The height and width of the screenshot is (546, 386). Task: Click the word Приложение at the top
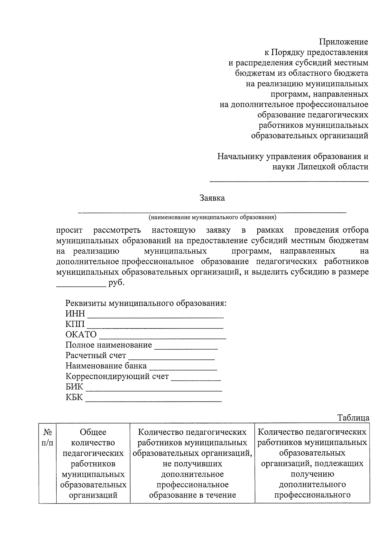click(x=343, y=42)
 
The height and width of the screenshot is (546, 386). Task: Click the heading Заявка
click(x=212, y=198)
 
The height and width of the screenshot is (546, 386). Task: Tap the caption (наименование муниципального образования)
click(x=212, y=217)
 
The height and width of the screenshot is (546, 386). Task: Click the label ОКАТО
click(x=81, y=335)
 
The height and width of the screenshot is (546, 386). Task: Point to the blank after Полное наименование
click(x=186, y=349)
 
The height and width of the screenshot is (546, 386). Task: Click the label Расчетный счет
click(x=96, y=356)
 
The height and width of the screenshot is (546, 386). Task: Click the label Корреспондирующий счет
click(x=117, y=376)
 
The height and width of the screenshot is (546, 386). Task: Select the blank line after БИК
click(x=154, y=391)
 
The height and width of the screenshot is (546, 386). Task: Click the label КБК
click(x=74, y=397)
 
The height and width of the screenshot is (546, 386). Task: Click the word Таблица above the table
click(x=353, y=418)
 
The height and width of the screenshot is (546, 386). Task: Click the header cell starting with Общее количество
click(x=93, y=463)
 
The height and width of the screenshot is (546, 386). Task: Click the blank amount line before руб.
click(x=81, y=286)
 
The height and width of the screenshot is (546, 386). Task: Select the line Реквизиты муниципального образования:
click(x=146, y=303)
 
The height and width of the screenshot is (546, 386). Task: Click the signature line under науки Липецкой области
click(x=289, y=181)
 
